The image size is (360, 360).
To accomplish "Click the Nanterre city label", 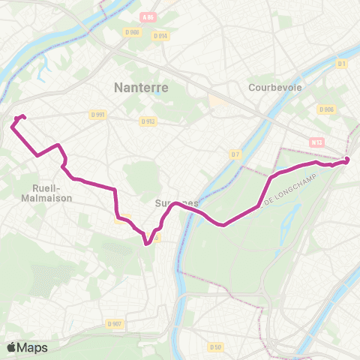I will coord(141,88).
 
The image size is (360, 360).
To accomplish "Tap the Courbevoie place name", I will coord(276,87).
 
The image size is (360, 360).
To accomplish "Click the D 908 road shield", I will coord(133,32).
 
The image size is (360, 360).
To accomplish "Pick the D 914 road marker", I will coord(159,35).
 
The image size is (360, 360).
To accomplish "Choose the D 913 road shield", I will coord(148,121).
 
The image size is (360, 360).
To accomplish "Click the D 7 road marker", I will coord(235,154).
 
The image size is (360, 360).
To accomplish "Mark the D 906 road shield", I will coord(325,109).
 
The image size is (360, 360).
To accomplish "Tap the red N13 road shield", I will coord(316,140).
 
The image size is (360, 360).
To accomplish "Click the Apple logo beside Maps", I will coord(12,347).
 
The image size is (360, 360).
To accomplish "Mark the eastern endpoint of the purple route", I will coord(346,160).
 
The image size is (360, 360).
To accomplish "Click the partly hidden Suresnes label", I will coord(177,203).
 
